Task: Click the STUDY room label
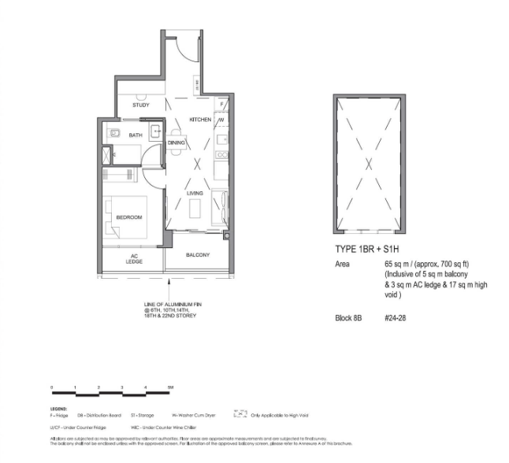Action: (x=141, y=105)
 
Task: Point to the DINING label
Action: (x=176, y=143)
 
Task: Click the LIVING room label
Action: (x=195, y=193)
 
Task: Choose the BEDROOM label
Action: (x=128, y=217)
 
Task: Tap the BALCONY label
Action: (x=198, y=256)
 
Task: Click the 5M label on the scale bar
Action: (x=170, y=389)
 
